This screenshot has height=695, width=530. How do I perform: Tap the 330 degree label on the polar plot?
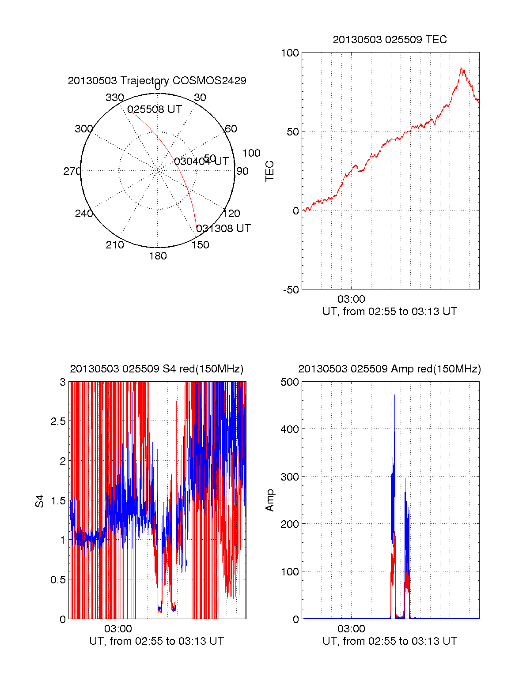point(114,98)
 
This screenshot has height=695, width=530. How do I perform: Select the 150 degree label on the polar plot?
point(200,245)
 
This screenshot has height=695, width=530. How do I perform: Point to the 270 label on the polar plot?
point(72,171)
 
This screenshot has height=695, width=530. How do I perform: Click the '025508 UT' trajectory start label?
point(155,109)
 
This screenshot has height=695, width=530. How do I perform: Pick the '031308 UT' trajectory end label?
point(223,229)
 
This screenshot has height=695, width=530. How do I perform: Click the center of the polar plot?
point(158,171)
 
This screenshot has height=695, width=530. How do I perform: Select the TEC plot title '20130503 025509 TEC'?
point(390,40)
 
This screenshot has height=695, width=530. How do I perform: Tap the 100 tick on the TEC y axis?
point(290,53)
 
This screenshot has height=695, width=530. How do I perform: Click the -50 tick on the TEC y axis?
point(291,290)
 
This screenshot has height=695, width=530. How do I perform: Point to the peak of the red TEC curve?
point(461,68)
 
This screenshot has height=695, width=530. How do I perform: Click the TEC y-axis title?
point(269,171)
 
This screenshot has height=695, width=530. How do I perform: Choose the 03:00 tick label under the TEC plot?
point(351,299)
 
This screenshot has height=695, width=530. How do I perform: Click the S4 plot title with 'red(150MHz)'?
point(157,369)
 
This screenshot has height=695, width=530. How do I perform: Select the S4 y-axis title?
point(40,501)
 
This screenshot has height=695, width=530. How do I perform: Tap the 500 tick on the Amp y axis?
point(290,382)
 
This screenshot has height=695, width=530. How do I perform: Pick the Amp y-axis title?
point(269,500)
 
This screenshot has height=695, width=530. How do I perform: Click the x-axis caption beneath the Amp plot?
point(390,641)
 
